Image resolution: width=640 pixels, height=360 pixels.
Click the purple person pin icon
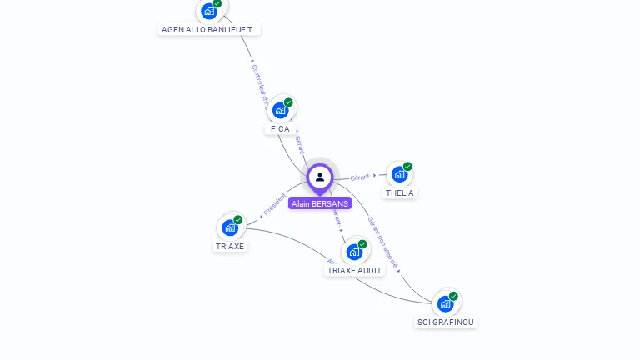pos(320,177)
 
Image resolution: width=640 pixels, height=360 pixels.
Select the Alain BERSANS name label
pos(320,203)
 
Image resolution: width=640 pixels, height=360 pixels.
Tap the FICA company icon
pos(281,109)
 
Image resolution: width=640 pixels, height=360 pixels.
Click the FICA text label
pos(280,129)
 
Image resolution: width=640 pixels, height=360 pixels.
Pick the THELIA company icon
pos(400,174)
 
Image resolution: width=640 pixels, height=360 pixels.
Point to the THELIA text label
pos(400,193)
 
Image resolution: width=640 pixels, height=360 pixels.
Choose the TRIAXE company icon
pos(230,227)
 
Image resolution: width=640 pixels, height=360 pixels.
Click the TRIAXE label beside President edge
pos(230,247)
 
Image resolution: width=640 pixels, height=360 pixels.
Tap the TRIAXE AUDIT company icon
pos(355,251)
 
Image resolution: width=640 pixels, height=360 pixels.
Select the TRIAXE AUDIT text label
pos(355,271)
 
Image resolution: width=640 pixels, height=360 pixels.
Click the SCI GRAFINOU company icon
pos(446,303)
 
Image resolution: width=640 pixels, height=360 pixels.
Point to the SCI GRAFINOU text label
pos(447,322)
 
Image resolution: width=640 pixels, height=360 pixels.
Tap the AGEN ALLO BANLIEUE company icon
pos(209,11)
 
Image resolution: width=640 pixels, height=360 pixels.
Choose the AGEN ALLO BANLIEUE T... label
pos(210,30)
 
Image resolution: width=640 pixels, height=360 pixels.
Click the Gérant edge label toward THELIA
pos(360,177)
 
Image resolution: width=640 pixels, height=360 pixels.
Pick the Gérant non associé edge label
pos(383,242)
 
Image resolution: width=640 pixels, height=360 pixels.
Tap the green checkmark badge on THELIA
pos(407,167)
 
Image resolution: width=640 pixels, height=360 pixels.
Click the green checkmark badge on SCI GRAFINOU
pos(453,296)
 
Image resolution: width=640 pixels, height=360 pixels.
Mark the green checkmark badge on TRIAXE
pos(238,220)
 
